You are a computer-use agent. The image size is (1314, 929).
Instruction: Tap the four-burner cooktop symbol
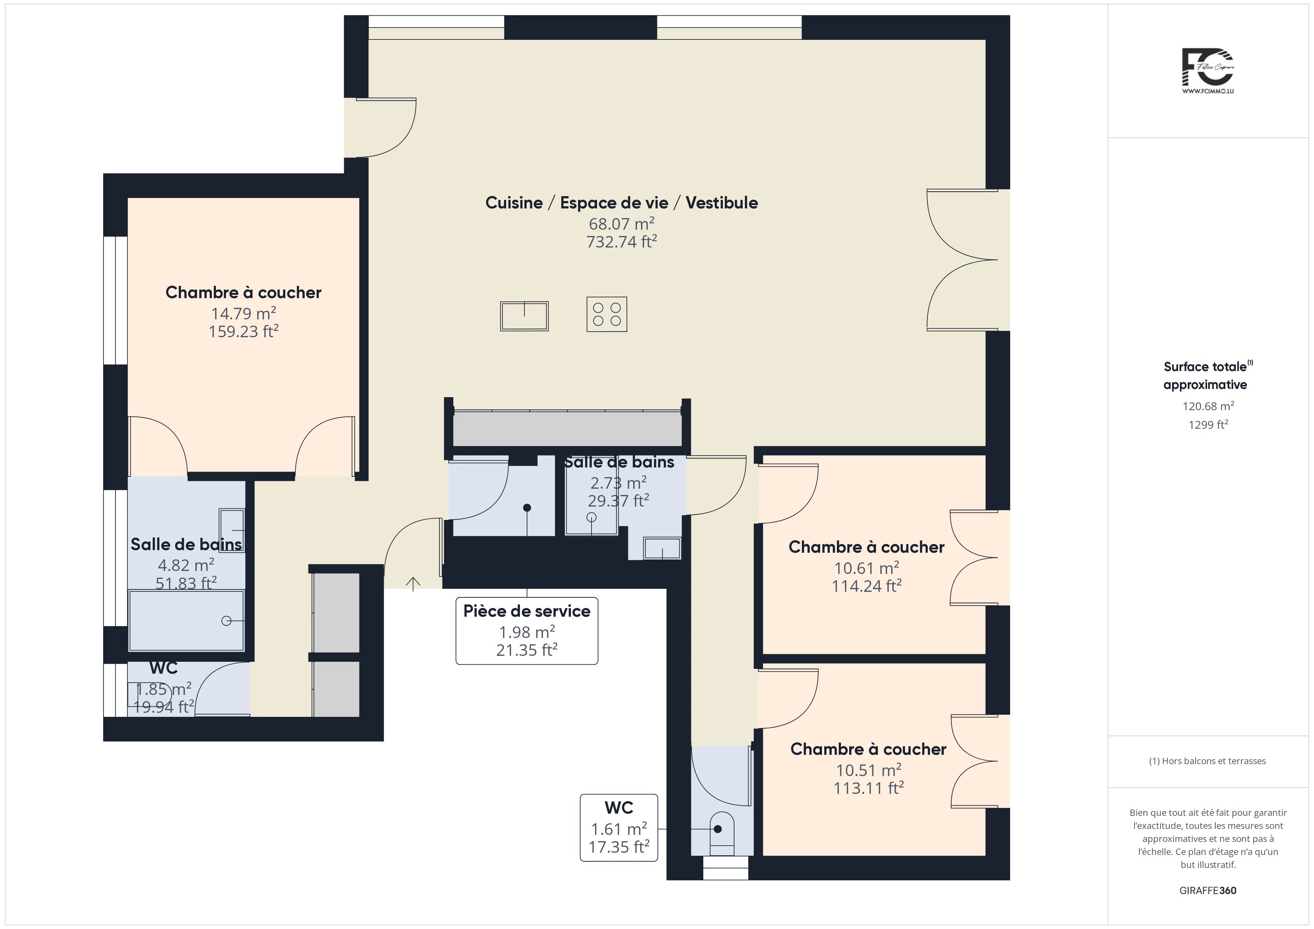point(607,314)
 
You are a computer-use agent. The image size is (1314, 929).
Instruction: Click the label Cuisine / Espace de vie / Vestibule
point(622,202)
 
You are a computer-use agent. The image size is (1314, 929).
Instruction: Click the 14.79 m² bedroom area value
point(244,313)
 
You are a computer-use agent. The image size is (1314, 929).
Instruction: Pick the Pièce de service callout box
point(527,631)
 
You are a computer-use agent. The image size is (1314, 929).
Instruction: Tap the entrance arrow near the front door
point(413,584)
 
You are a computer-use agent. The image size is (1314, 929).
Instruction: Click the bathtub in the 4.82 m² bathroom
point(187,621)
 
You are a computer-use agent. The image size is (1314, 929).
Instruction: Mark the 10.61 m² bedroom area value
point(866,568)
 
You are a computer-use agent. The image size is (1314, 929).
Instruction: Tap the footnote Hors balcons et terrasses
point(1207,761)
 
